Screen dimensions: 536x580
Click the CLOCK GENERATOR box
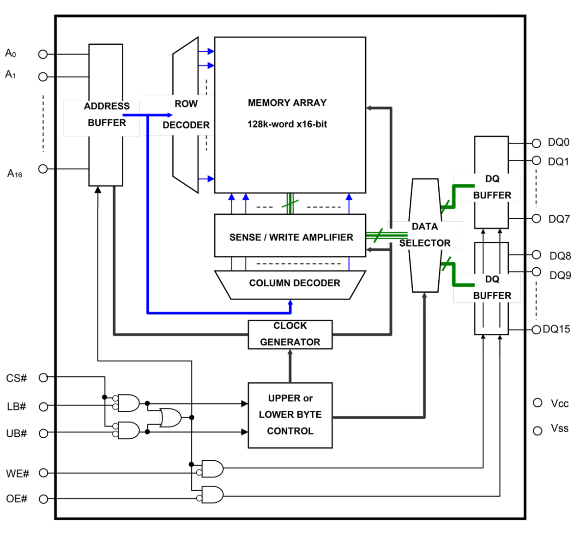[x=290, y=334]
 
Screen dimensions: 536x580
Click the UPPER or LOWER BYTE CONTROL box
[x=290, y=415]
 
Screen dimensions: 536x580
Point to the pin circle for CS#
[x=43, y=378]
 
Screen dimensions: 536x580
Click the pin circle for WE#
[x=43, y=473]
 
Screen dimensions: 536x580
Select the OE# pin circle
[x=43, y=499]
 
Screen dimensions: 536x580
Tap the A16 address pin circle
[x=43, y=169]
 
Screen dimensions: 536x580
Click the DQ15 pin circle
[x=536, y=329]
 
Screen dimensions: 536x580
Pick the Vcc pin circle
[x=538, y=403]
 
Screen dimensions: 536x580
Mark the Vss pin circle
[x=538, y=431]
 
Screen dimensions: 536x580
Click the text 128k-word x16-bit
[x=287, y=124]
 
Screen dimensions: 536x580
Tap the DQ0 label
[x=558, y=142]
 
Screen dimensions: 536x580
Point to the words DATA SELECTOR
[x=425, y=235]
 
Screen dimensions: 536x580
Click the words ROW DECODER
[x=186, y=114]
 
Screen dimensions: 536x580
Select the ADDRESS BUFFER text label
[x=107, y=114]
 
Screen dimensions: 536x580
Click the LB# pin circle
[x=43, y=407]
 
